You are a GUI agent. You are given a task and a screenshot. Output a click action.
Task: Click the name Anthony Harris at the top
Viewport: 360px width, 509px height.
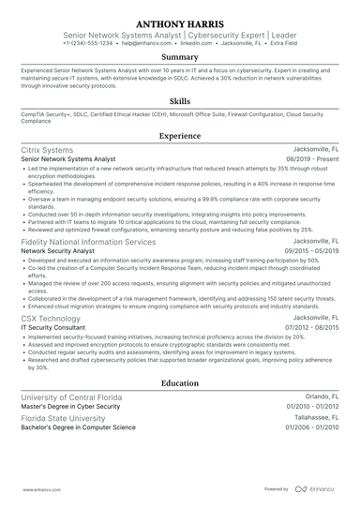[179, 22]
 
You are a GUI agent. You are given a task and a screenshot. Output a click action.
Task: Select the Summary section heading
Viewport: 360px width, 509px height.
[179, 57]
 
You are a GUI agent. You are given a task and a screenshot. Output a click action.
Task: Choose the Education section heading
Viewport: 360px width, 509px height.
[179, 383]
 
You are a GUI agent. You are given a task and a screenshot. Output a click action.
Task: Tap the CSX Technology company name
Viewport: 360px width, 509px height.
[51, 319]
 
